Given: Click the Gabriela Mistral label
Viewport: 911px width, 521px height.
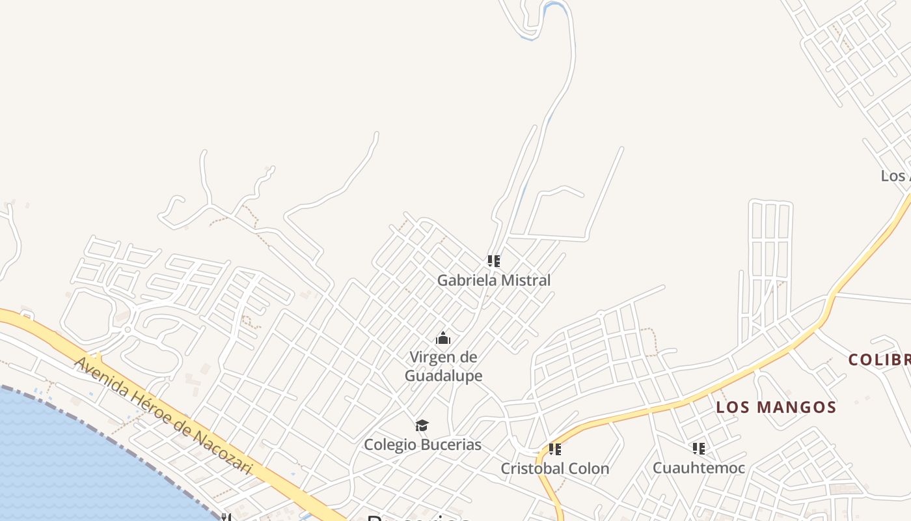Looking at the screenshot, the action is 493,281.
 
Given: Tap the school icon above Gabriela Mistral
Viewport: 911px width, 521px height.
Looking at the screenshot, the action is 494,261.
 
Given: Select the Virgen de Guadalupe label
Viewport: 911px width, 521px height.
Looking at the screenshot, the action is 443,366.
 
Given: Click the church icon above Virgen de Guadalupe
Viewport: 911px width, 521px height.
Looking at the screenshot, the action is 443,338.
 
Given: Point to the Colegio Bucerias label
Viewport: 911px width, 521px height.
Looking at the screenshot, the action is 422,445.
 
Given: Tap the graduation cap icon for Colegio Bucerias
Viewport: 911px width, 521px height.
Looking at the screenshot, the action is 422,426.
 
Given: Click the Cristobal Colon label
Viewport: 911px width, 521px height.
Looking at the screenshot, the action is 554,468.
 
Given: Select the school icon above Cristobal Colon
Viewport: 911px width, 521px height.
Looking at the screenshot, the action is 554,449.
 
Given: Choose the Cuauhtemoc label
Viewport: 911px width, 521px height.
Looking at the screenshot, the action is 698,468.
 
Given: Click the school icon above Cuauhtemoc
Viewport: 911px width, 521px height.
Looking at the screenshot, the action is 698,448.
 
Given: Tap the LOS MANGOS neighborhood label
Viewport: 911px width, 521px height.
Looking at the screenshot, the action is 776,408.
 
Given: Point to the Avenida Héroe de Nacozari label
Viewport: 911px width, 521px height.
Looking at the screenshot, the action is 163,415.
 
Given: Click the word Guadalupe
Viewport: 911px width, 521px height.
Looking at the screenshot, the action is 443,376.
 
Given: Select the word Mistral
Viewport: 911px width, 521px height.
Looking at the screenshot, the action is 524,281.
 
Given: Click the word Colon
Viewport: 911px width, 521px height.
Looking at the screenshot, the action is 590,468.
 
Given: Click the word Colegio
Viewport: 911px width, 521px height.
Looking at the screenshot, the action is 389,445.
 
